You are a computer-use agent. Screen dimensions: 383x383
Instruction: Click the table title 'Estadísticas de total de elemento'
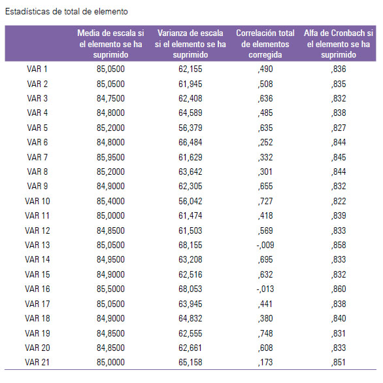(67, 12)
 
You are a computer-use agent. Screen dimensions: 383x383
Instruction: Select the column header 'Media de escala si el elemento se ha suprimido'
(110, 44)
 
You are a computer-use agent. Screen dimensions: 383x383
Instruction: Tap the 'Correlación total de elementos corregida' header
(265, 44)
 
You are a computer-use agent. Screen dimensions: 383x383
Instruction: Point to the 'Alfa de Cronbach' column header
(339, 44)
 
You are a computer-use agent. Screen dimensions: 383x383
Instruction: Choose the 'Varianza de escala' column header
(190, 44)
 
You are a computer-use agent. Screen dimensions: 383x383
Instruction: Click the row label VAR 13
(37, 245)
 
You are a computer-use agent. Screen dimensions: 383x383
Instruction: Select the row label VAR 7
(37, 157)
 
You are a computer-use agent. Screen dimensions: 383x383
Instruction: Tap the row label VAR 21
(37, 362)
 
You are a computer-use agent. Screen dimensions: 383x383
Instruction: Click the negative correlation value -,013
(265, 289)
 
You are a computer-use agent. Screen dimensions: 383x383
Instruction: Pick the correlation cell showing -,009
(265, 245)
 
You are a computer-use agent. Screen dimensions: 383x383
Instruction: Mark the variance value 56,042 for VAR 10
(190, 201)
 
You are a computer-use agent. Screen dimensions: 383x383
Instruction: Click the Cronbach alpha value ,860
(339, 289)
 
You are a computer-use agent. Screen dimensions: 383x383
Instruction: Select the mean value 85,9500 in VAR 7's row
(110, 157)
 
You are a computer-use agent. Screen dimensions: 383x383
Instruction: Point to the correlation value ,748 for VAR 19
(265, 333)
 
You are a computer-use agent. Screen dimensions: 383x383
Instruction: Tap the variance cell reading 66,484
(190, 142)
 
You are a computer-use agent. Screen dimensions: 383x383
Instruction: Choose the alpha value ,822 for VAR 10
(339, 201)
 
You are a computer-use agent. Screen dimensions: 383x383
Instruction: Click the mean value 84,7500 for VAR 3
(110, 98)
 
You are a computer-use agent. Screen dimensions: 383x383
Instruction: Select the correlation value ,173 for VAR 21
(265, 362)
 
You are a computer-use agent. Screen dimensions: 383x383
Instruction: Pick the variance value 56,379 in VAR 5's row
(190, 128)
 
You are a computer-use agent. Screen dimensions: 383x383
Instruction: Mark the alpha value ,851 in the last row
(339, 362)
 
